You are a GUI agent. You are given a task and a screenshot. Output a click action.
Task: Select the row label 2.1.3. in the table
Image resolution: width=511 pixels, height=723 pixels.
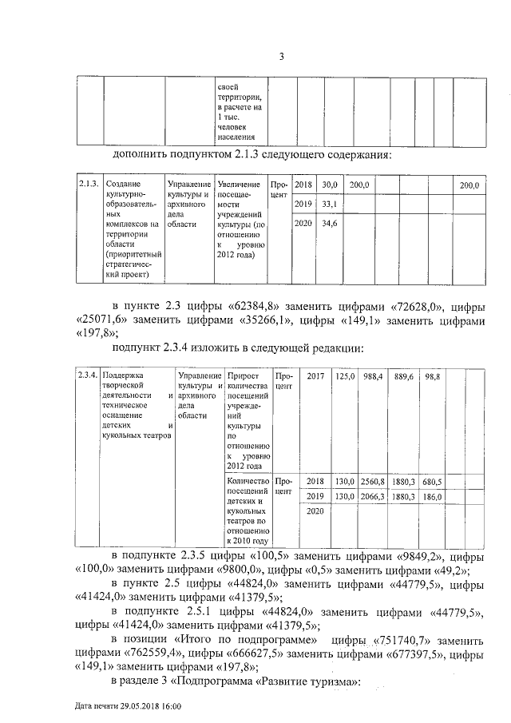pos(88,185)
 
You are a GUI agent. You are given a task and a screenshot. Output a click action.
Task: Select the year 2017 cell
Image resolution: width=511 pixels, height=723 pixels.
pos(315,375)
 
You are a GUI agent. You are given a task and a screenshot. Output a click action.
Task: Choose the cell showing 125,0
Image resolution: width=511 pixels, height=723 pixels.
pos(344,375)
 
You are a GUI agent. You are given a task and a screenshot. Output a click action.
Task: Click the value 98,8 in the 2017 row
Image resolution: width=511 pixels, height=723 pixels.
pos(432,375)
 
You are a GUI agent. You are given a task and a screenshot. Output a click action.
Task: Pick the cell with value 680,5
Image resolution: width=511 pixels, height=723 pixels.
pos(432,482)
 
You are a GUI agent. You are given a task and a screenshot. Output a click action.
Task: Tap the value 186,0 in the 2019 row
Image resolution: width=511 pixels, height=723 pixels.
pos(432,496)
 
